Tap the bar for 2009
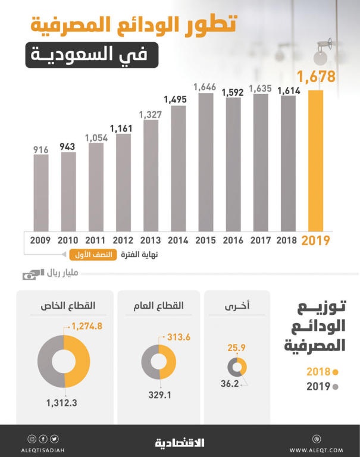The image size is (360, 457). coord(40,193)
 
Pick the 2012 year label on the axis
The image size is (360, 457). coord(123,241)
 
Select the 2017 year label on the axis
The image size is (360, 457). coord(260,241)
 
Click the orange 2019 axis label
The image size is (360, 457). coord(315,241)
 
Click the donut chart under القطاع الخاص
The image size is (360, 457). coord(64,362)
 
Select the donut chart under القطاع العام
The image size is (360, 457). coord(159,362)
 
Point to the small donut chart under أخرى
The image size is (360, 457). coord(237,367)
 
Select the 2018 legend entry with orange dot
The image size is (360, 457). coord(321,371)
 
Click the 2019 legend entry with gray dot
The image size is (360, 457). coord(321,386)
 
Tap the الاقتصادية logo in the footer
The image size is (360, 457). coord(180,442)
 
